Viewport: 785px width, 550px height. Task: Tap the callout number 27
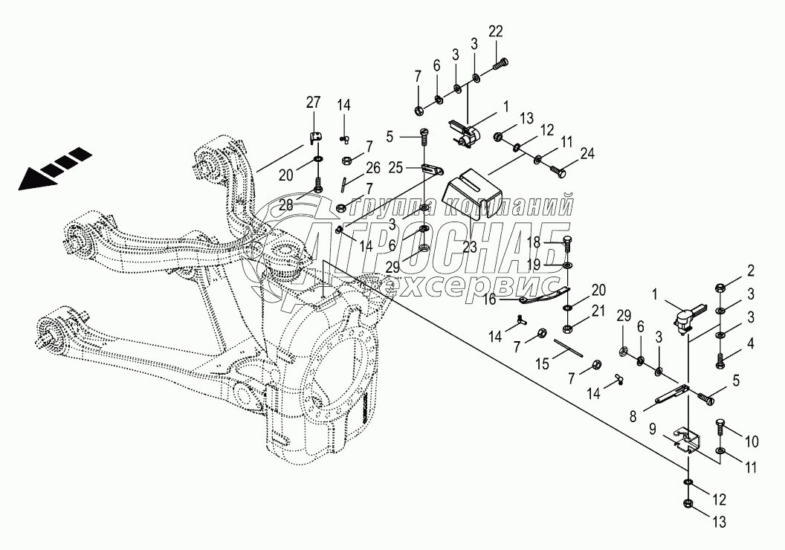click(313, 102)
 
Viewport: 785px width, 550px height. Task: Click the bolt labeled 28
click(318, 183)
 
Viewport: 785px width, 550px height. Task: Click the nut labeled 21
click(567, 326)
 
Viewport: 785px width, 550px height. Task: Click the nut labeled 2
click(720, 288)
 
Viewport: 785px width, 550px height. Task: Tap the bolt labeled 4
click(720, 362)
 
